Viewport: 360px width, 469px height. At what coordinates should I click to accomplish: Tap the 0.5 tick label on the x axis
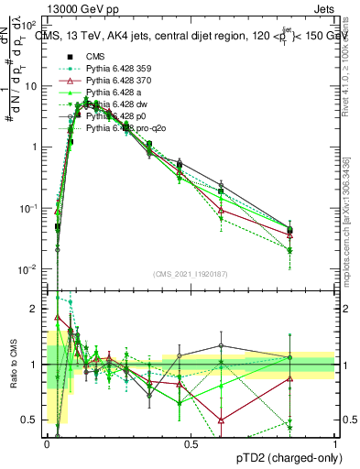coord(190,443)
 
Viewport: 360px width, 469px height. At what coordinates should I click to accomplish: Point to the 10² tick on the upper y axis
coord(29,26)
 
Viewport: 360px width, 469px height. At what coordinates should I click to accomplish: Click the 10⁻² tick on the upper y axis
coord(29,269)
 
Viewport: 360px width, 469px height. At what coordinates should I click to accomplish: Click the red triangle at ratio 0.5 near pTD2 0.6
coord(221,420)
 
